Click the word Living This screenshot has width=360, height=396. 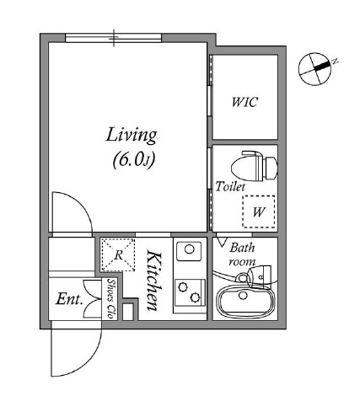[x=132, y=136]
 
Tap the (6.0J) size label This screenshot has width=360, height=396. [x=134, y=160]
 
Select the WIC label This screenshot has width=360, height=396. [x=244, y=102]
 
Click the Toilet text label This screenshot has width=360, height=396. [x=230, y=186]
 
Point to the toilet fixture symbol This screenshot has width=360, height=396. [x=255, y=167]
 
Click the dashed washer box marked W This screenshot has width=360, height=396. [x=259, y=211]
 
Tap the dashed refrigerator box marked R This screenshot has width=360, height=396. [x=118, y=254]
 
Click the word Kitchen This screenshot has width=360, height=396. [x=155, y=281]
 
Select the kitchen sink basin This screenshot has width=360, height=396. [x=189, y=250]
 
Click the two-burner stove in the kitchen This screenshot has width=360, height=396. [x=190, y=292]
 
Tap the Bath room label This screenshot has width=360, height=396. [x=242, y=254]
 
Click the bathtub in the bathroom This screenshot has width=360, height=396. [x=244, y=302]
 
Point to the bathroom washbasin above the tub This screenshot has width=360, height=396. [x=255, y=276]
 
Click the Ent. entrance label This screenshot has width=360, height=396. [x=69, y=299]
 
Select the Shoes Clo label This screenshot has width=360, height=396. [x=111, y=299]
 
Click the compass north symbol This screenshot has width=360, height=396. [x=315, y=68]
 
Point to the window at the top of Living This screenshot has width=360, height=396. [x=114, y=38]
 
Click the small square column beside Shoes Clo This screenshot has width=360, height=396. [x=128, y=312]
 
